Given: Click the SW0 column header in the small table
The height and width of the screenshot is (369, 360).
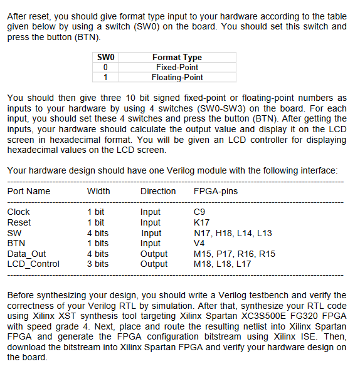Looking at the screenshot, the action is (106, 57).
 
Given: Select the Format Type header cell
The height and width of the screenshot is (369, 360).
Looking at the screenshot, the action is (176, 57).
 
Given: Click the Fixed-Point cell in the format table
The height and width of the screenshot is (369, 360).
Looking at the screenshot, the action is (176, 67).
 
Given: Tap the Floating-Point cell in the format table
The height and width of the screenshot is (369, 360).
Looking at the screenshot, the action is (177, 77).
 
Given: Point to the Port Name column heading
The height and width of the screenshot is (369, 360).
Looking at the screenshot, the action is (29, 191).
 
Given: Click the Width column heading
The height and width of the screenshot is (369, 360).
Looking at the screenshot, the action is (98, 191).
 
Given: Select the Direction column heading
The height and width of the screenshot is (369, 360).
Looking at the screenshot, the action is (158, 191).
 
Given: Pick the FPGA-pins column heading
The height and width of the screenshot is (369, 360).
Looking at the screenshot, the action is (216, 191).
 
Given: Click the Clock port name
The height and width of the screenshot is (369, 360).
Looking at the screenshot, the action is (19, 212).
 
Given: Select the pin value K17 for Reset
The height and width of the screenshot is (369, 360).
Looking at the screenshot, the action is (203, 222).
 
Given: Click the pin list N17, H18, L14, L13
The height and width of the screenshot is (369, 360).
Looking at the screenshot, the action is (233, 233).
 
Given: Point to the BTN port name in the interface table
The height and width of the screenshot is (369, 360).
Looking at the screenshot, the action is (16, 243).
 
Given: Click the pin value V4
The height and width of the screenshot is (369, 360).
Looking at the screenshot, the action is (200, 243).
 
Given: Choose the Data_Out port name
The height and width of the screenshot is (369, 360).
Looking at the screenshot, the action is (26, 254).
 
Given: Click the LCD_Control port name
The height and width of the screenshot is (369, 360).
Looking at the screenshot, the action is (33, 264).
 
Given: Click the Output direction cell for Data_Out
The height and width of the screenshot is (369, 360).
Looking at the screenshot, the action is (154, 254).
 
